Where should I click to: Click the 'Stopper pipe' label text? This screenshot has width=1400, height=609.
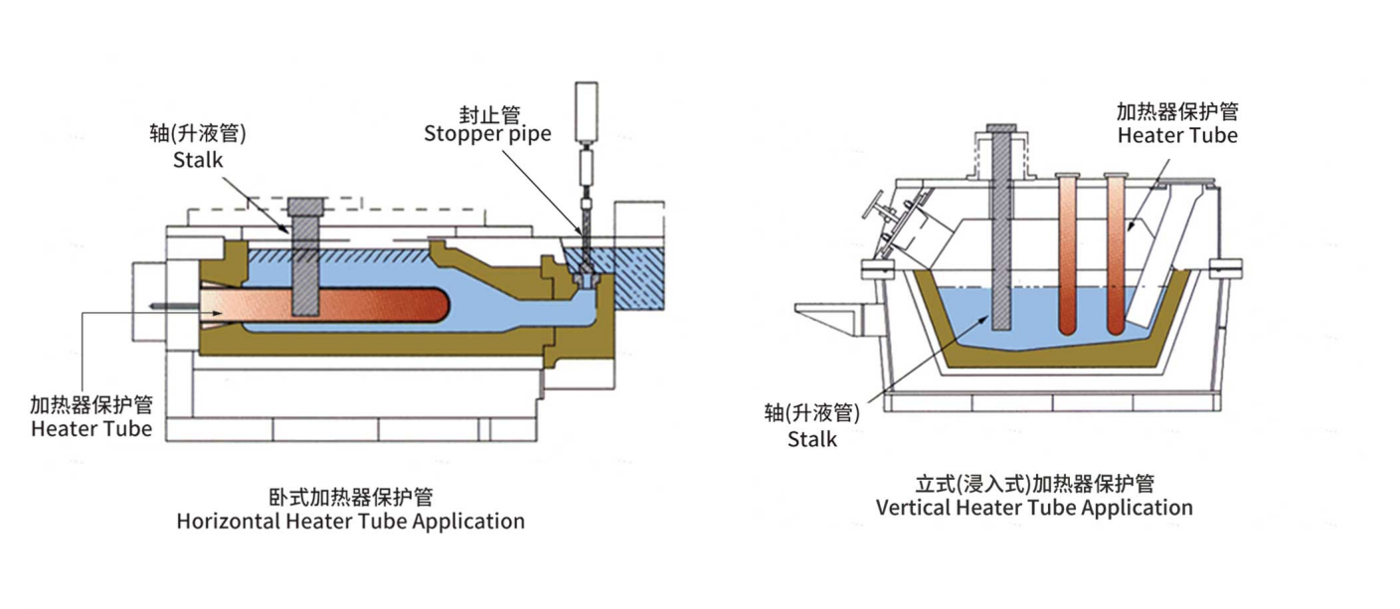point(487,134)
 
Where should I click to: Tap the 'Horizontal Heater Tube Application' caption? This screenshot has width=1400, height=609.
point(350,521)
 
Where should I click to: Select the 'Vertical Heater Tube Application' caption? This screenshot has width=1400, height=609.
point(1034,508)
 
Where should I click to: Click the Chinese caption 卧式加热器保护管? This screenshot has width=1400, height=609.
point(350,497)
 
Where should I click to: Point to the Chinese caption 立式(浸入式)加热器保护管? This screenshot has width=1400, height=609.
point(1034,484)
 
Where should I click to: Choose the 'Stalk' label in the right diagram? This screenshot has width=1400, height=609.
point(812,438)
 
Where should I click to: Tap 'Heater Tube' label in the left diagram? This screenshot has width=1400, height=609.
point(91,429)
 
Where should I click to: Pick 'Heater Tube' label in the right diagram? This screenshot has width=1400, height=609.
point(1177,135)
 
